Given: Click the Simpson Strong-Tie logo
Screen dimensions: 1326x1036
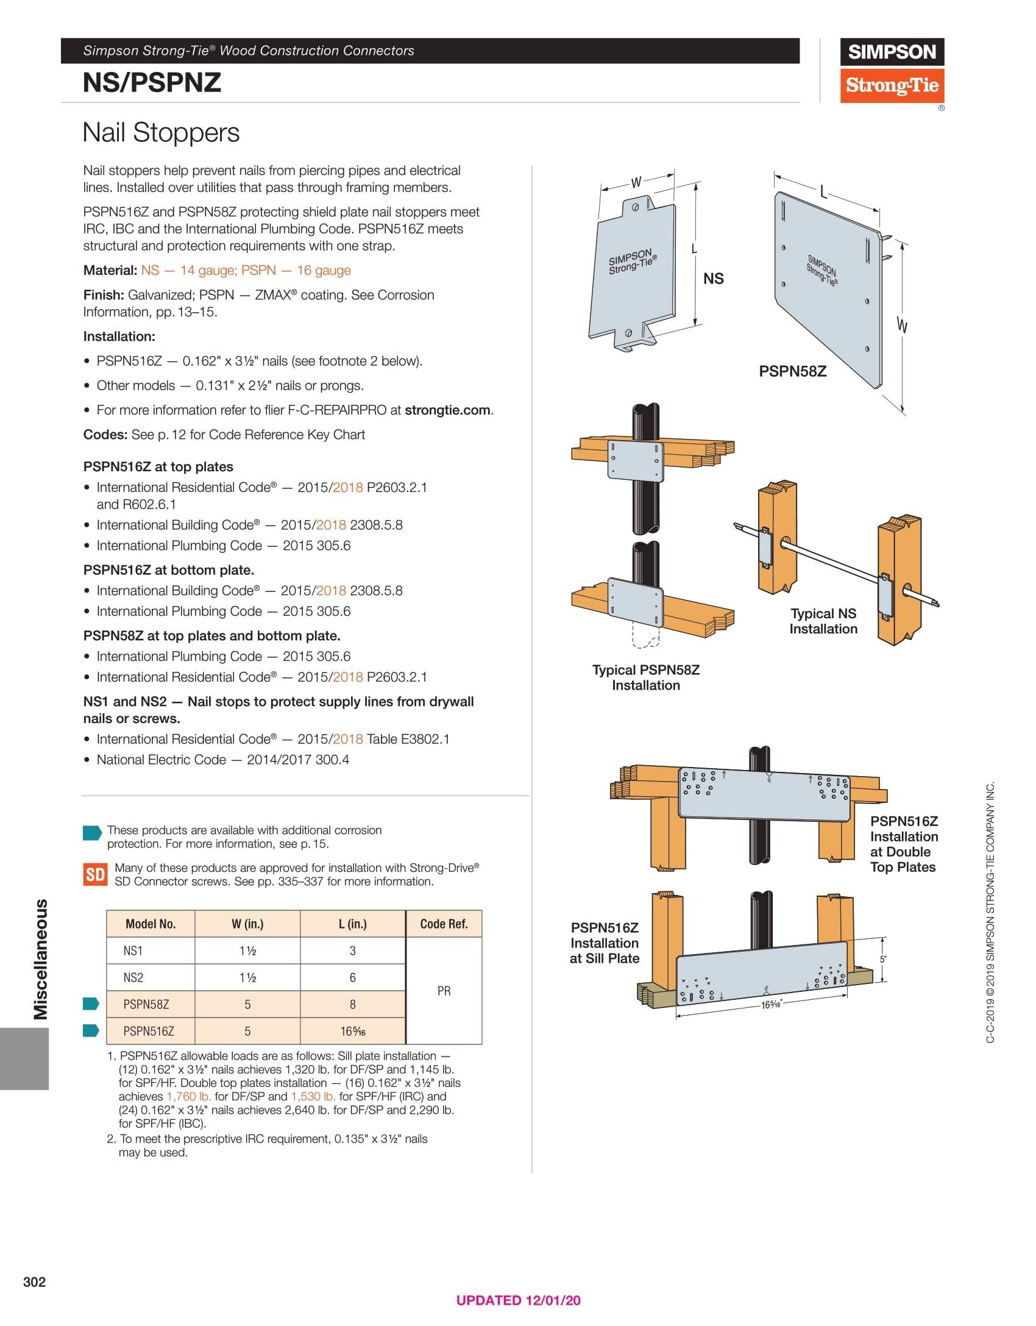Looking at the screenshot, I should (892, 70).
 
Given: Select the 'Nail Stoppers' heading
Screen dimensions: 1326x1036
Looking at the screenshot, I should (161, 132).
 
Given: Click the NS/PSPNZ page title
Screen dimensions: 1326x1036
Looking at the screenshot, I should (152, 82).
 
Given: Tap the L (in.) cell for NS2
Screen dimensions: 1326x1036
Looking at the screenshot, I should (352, 977).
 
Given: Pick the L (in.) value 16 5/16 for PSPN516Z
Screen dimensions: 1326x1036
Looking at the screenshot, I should (352, 1031).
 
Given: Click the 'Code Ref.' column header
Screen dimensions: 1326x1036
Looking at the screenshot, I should (444, 924).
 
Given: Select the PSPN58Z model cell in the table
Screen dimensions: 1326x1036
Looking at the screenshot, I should (146, 1004).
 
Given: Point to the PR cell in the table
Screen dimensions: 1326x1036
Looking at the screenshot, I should (444, 991).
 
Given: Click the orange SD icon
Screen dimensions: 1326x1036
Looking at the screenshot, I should (95, 875).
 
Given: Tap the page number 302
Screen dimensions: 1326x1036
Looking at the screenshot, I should (34, 1281).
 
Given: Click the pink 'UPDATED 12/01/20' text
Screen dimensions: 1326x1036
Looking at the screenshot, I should (518, 1300).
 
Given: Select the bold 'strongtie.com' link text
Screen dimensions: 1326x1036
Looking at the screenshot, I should (447, 410).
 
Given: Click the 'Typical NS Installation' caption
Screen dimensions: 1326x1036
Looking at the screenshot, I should (823, 621).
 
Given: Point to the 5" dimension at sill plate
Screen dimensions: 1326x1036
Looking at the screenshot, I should (883, 959).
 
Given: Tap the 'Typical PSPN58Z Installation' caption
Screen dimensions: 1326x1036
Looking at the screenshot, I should (645, 677).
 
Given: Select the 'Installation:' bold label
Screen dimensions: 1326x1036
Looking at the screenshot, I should (119, 337).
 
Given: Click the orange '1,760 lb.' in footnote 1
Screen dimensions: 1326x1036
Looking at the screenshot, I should (189, 1096).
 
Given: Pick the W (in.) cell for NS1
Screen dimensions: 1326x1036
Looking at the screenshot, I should (247, 950).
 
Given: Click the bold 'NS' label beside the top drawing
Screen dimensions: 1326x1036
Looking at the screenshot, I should (713, 279).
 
